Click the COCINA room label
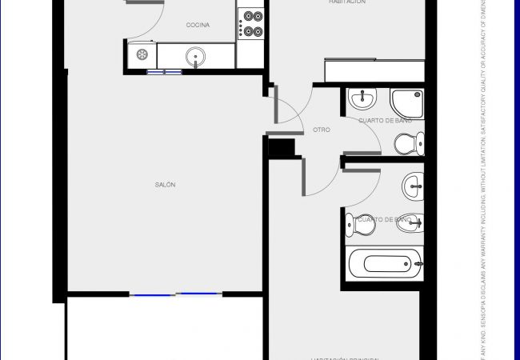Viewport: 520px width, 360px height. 198,26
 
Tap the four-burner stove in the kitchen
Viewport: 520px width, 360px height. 251,23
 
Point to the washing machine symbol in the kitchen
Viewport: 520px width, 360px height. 142,55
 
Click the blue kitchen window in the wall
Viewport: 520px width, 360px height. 165,72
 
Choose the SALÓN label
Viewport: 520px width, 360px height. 165,185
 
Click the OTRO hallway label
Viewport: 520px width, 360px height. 322,130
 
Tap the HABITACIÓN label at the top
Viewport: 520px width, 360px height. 347,2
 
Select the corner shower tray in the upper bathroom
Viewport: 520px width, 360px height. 406,101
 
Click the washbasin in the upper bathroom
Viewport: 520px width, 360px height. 363,98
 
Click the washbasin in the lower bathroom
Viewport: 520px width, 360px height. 413,186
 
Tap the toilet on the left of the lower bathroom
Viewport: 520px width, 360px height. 359,225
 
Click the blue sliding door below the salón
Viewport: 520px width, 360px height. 175,295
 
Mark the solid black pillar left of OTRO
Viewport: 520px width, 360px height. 282,148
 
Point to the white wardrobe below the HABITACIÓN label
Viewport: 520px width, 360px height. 374,70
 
